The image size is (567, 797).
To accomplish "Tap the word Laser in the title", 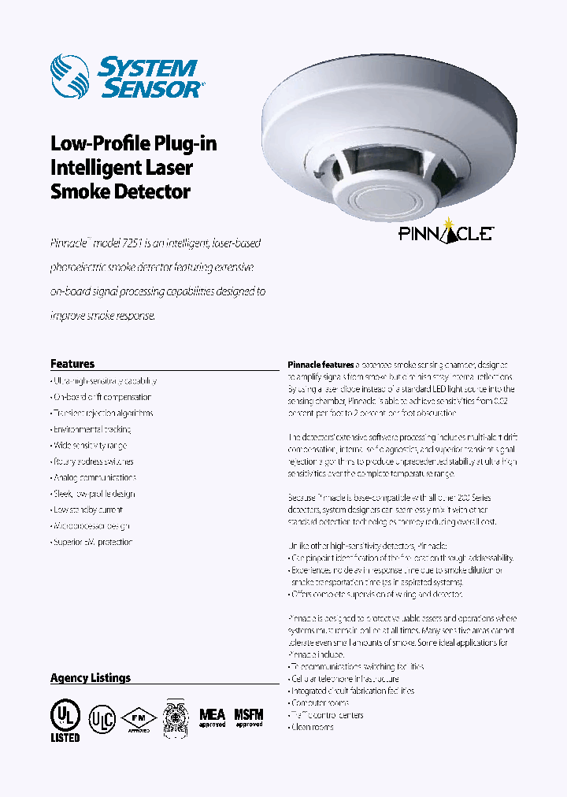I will (168, 168).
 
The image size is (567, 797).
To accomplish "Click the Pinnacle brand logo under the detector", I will (445, 232).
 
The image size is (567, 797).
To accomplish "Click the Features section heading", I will (72, 364).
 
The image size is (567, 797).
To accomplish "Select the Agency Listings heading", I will (91, 678).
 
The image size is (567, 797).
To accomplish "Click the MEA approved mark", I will (212, 717).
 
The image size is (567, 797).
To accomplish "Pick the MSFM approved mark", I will (249, 716).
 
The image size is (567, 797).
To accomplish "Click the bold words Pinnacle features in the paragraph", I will (320, 365).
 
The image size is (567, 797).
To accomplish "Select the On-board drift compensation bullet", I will (101, 398).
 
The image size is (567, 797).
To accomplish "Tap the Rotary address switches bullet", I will (92, 462).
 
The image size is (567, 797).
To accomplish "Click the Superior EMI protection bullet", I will (91, 543).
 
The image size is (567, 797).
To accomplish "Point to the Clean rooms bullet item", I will (312, 727).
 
